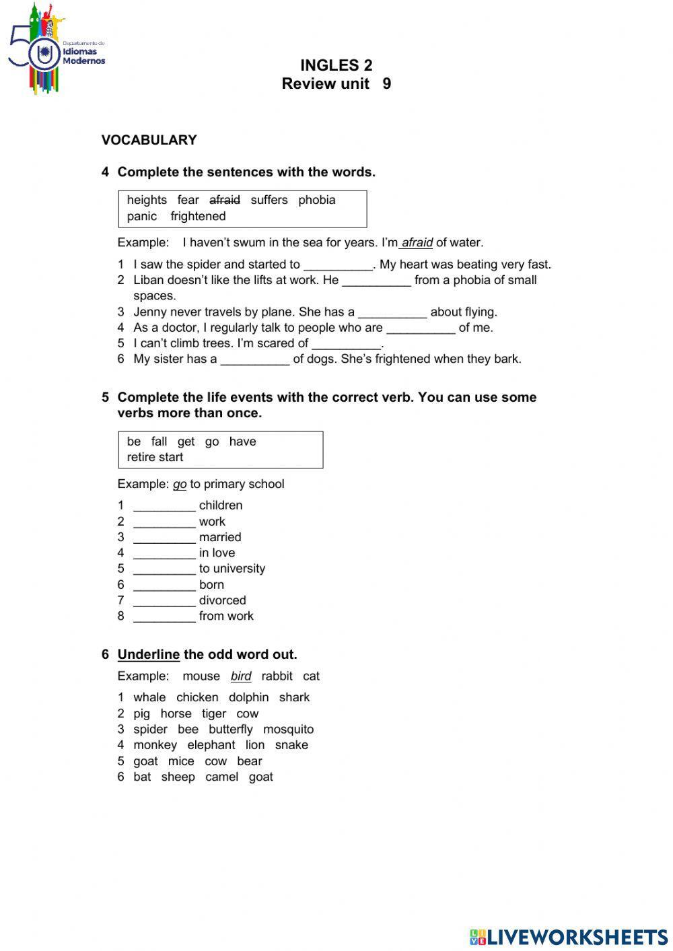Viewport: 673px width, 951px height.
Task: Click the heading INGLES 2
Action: [336, 65]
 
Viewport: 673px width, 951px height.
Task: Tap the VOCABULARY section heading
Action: [149, 140]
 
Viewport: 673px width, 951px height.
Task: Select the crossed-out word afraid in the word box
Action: [225, 200]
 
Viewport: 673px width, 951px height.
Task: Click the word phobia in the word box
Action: [317, 200]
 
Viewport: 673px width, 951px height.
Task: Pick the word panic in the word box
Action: [141, 216]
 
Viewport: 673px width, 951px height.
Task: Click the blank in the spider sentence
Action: [338, 265]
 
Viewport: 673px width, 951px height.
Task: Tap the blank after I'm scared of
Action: [347, 344]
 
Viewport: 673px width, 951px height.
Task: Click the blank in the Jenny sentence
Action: [392, 312]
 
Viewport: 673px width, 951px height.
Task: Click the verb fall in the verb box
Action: [159, 442]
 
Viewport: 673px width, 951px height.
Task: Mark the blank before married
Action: [164, 538]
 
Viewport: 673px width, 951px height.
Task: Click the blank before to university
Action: [164, 569]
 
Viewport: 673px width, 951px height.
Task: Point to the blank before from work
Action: [164, 617]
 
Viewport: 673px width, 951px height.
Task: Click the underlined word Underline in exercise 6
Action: [148, 654]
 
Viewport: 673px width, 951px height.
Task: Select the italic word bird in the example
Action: [241, 676]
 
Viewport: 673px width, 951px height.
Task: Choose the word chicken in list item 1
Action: [197, 698]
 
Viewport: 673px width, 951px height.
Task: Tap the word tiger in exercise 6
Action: [214, 713]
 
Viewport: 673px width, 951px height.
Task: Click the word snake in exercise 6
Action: [291, 745]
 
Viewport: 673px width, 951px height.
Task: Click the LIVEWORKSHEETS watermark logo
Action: [569, 937]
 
